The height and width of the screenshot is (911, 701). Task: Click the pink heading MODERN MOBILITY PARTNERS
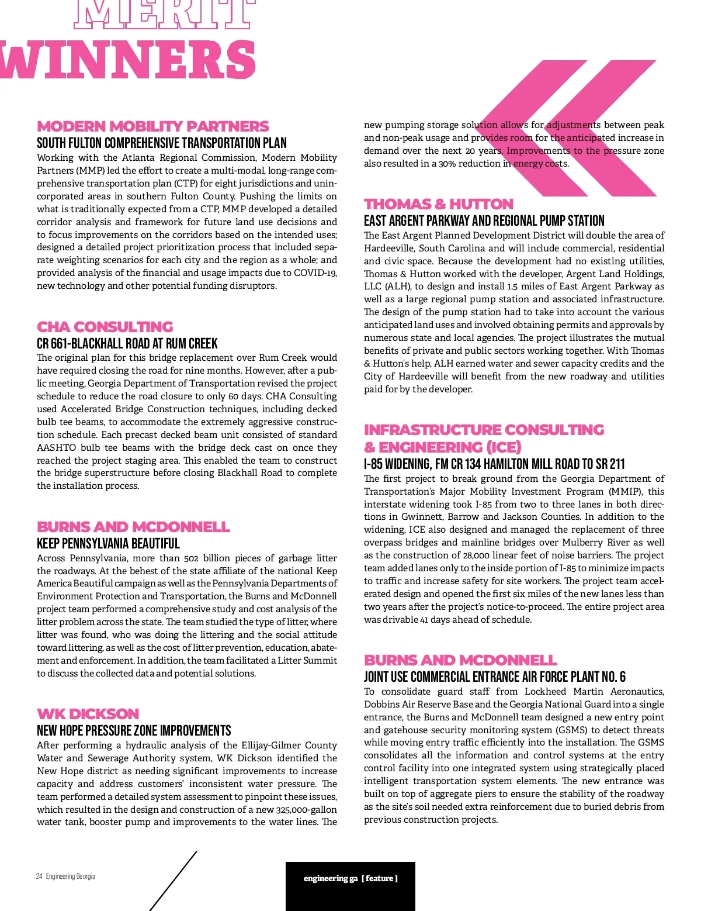[152, 126]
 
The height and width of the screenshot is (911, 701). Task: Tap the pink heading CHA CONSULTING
[105, 327]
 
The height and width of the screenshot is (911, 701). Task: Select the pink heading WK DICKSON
[88, 714]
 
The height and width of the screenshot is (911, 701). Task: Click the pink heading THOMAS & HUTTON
[439, 204]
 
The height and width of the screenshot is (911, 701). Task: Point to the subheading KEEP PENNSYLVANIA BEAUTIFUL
[108, 544]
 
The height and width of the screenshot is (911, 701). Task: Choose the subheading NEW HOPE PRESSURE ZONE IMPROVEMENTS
[134, 731]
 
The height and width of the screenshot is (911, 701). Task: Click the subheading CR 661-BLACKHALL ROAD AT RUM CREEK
[127, 344]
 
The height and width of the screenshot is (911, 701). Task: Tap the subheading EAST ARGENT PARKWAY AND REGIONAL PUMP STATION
[484, 221]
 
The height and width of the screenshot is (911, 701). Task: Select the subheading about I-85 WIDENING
[494, 464]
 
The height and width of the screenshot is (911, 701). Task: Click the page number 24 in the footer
[39, 876]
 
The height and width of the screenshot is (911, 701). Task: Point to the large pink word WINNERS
[129, 60]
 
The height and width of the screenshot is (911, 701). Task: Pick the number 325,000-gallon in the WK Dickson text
[306, 810]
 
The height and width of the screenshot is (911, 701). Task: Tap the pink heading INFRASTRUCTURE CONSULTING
[484, 430]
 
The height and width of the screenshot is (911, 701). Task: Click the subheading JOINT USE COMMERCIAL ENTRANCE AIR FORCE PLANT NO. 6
[494, 677]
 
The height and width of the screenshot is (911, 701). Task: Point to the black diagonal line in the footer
[173, 881]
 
